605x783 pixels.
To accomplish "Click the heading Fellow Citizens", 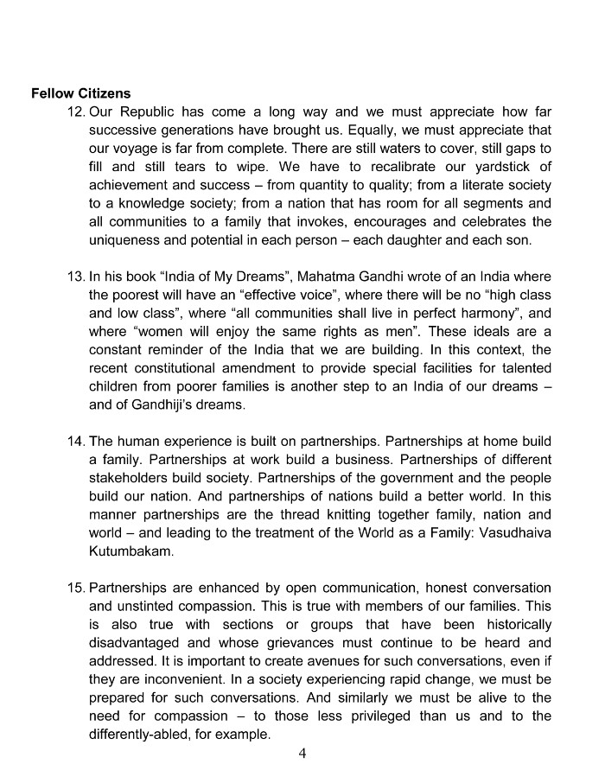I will [x=81, y=93].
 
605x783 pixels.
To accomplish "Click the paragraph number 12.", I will [x=75, y=112].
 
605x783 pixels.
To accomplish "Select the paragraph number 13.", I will [x=75, y=277].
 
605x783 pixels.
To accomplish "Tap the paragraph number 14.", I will [x=75, y=441].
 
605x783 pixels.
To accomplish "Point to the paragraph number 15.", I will [x=75, y=588].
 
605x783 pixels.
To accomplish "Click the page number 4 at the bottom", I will [x=302, y=754].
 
